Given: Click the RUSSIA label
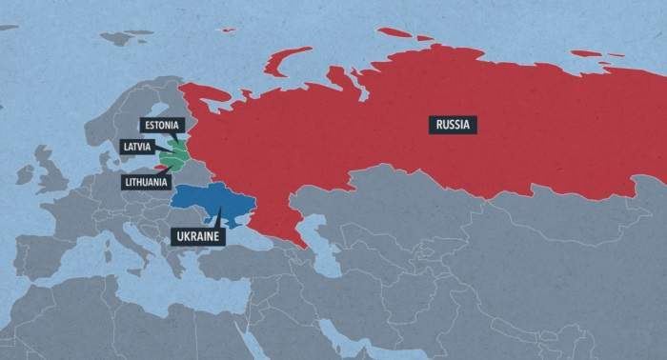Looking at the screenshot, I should pyautogui.click(x=453, y=124).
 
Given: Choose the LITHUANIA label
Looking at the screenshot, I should pyautogui.click(x=146, y=181).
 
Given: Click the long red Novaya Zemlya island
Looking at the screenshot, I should pyautogui.click(x=286, y=59).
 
